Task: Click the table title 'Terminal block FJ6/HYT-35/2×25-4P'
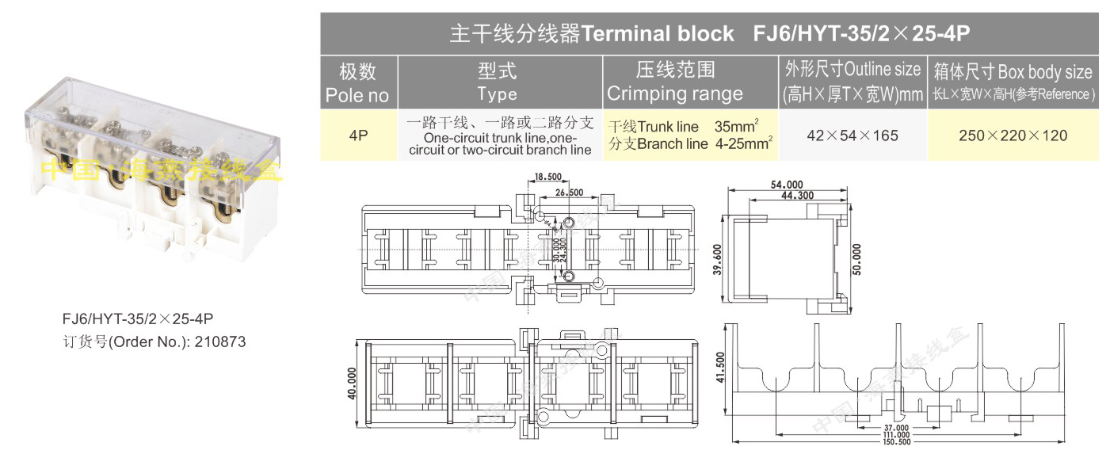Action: point(710,33)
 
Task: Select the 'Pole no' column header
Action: point(357,83)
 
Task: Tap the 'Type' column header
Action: point(497,83)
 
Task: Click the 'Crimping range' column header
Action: point(675,83)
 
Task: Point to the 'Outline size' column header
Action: point(852,82)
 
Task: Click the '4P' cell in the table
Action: point(358,135)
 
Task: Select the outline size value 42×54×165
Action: point(853,135)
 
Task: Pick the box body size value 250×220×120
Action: point(1013,135)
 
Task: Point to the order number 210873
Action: point(220,342)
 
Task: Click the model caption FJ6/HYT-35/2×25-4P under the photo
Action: point(138,319)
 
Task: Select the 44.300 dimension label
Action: point(796,195)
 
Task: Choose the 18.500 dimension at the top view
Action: point(547,176)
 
